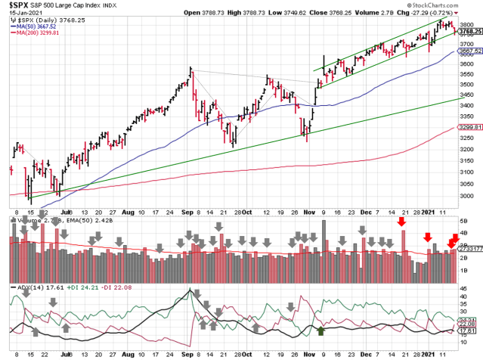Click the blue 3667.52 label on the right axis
tap(468, 51)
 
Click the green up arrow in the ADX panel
tap(321, 331)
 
